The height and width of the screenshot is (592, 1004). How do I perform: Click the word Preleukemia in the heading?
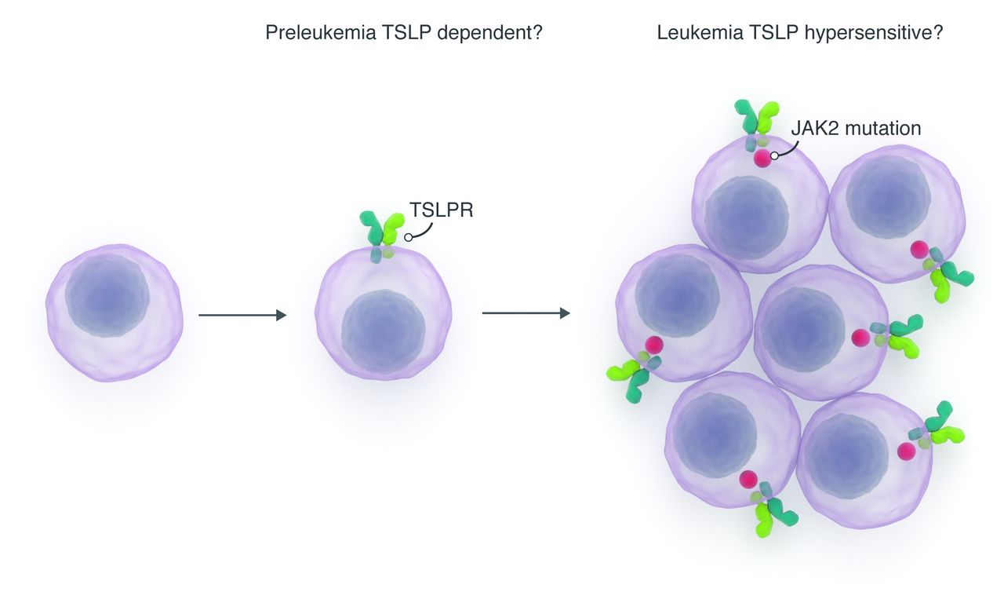(x=312, y=34)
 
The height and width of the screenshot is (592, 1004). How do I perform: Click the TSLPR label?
(x=441, y=210)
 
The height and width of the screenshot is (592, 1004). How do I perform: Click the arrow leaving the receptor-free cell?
(x=242, y=315)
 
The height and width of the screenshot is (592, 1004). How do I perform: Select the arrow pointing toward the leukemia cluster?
(x=526, y=313)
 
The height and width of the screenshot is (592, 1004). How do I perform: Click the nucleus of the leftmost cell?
(x=107, y=294)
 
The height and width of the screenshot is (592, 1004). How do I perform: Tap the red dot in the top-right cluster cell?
(x=918, y=250)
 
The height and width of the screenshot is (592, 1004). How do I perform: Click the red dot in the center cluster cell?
(x=860, y=338)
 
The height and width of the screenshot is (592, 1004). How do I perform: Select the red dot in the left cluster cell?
(x=653, y=345)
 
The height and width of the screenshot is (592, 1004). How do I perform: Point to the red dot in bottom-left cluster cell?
(x=748, y=479)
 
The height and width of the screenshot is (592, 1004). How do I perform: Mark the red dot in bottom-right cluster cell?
(x=907, y=451)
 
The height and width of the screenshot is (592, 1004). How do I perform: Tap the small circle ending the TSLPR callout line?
(x=408, y=236)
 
